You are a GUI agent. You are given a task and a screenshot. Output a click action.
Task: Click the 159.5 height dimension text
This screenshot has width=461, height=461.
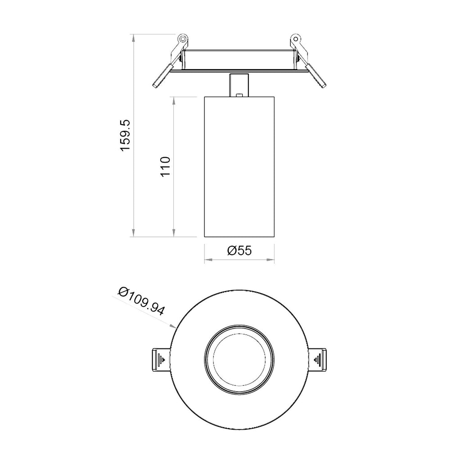point(125,135)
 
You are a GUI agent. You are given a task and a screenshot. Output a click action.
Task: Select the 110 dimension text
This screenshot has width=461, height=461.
point(165,167)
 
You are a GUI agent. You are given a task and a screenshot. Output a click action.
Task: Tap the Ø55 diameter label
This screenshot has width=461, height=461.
point(239,251)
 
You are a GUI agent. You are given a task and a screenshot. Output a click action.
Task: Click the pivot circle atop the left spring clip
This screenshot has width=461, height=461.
point(182,39)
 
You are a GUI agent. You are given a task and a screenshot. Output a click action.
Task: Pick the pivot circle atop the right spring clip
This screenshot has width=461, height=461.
point(296,39)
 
